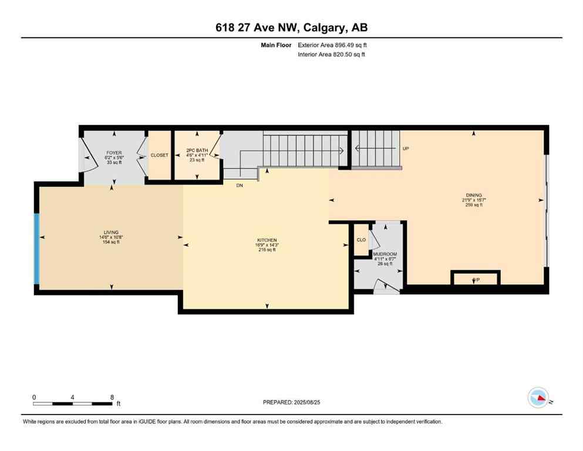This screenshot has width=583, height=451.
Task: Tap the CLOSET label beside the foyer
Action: tap(159, 156)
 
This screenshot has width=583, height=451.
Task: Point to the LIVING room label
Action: tap(110, 233)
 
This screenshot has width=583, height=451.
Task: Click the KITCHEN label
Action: tap(267, 241)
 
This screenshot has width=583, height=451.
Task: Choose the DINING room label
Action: tap(474, 195)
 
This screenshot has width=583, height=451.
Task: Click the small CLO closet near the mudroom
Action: tap(361, 240)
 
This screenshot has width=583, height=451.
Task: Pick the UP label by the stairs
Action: tap(405, 149)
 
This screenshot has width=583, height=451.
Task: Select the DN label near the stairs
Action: tap(240, 185)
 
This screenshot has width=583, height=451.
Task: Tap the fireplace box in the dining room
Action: tap(475, 278)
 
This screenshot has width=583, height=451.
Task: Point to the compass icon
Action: tap(538, 398)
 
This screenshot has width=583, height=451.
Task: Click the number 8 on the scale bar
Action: tap(112, 397)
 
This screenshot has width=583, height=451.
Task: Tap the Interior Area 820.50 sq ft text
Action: tap(332, 55)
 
